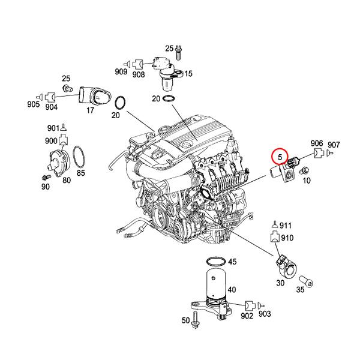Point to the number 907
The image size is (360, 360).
[x=334, y=145]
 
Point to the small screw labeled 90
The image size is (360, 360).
[x=46, y=178]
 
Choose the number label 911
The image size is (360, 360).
[x=285, y=226]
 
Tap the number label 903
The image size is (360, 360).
[x=265, y=314]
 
